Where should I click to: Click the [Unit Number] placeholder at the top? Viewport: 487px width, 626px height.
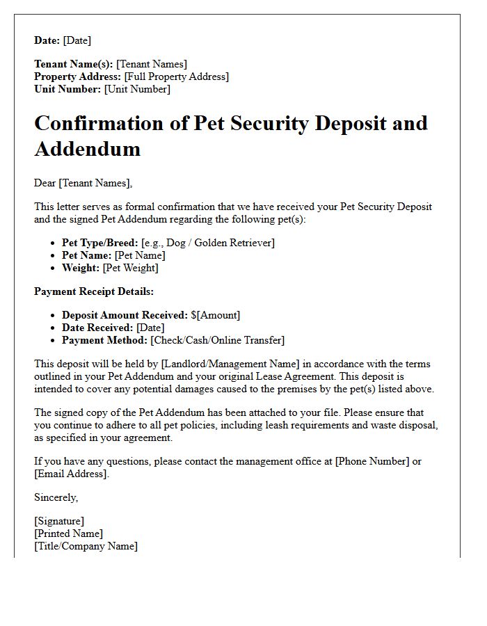[x=137, y=89]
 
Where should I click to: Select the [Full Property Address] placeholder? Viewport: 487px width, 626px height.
[x=176, y=77]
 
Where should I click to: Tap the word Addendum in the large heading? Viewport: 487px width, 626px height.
[x=87, y=148]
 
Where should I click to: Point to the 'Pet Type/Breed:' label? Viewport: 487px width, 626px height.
[x=100, y=243]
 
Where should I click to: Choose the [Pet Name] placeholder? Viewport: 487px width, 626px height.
[x=140, y=255]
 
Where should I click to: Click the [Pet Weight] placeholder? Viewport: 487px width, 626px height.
[x=130, y=268]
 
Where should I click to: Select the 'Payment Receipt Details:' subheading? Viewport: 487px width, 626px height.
[x=94, y=291]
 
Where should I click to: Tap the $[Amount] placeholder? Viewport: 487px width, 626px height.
[x=216, y=315]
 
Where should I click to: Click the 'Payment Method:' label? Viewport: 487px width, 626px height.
[x=104, y=340]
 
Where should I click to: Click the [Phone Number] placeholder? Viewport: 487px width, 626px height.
[x=372, y=461]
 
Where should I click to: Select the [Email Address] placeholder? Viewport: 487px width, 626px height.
[x=71, y=474]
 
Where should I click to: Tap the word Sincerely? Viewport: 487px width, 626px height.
[x=56, y=497]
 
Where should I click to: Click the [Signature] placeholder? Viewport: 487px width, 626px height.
[x=59, y=521]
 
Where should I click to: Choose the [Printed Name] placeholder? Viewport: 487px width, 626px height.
[x=68, y=533]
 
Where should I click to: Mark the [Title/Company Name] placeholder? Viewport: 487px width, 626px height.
[x=86, y=546]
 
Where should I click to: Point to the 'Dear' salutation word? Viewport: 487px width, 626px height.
[x=45, y=183]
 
